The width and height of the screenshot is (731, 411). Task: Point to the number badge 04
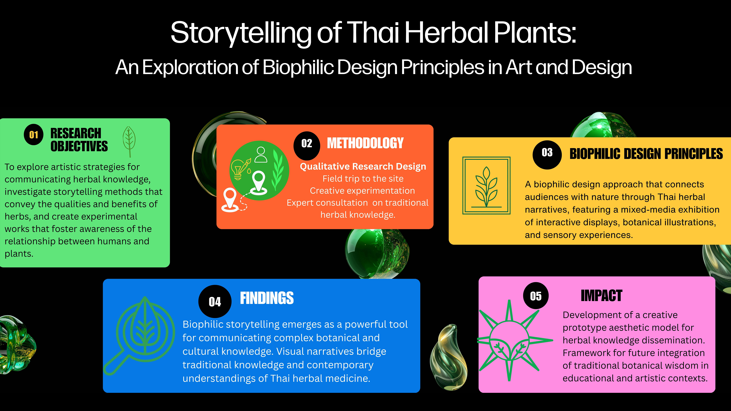pyautogui.click(x=215, y=301)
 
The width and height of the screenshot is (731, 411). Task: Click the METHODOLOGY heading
pyautogui.click(x=365, y=143)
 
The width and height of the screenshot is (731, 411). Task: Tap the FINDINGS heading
pyautogui.click(x=267, y=298)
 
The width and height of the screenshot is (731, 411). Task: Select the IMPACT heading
pyautogui.click(x=601, y=296)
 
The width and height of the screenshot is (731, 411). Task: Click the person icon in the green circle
pyautogui.click(x=261, y=155)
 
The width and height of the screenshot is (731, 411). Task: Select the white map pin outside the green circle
pyautogui.click(x=230, y=200)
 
